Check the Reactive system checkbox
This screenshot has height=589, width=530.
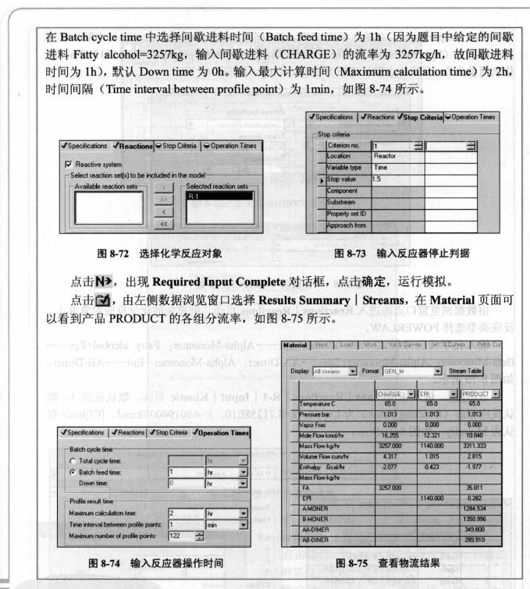(68, 164)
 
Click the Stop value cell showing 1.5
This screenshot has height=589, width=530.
(395, 179)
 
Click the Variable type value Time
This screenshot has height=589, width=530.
(395, 168)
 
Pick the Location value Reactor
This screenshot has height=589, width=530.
(395, 156)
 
